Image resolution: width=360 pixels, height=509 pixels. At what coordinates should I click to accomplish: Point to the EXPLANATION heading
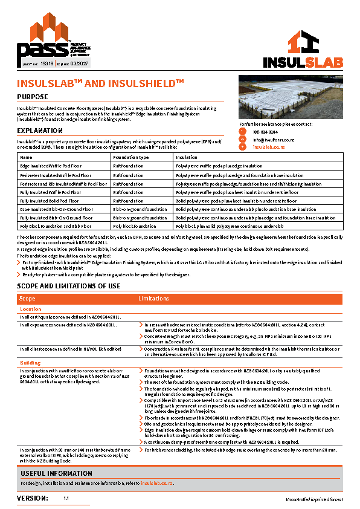pyautogui.click(x=39, y=131)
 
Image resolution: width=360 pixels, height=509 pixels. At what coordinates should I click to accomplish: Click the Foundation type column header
pyautogui.click(x=130, y=157)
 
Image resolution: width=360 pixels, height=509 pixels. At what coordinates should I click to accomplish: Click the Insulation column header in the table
pyautogui.click(x=186, y=157)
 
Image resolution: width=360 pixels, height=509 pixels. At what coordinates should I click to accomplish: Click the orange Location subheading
pyautogui.click(x=31, y=309)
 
